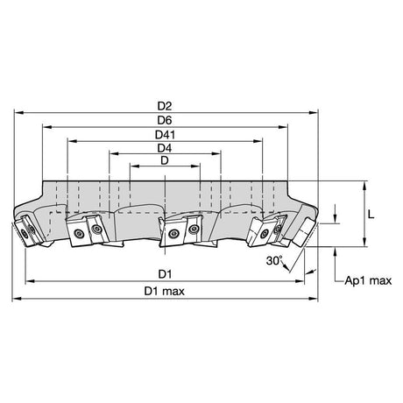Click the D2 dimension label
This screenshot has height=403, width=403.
[165, 106]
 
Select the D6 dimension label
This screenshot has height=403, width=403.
[165, 120]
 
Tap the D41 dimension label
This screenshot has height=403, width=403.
[165, 135]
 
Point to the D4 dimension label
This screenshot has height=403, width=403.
[165, 148]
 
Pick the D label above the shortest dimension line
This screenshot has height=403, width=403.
[165, 160]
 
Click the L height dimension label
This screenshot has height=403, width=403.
[371, 215]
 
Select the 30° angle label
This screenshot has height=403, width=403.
[274, 260]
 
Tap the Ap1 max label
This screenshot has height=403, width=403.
[368, 280]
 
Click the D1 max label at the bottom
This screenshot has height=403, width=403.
[165, 291]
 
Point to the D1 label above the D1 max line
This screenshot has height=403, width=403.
[165, 274]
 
